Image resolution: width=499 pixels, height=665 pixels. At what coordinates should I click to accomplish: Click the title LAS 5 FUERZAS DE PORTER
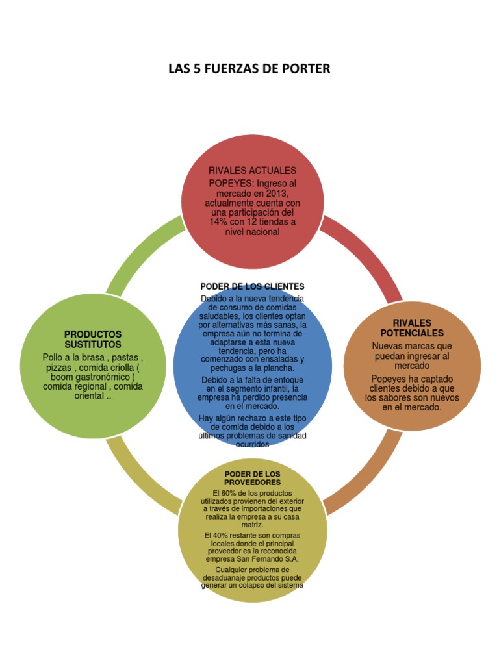249,68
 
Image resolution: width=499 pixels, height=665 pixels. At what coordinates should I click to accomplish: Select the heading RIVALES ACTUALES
252,170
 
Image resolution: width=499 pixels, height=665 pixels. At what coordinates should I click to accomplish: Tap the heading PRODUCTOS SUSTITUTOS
93,339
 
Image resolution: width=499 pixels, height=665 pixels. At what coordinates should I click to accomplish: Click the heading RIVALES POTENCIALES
412,328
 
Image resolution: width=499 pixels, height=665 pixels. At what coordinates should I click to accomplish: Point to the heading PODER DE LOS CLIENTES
252,286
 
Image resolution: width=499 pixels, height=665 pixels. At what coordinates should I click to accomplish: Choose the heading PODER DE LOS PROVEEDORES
252,479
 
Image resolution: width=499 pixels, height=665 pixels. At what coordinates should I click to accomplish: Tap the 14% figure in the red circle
218,222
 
